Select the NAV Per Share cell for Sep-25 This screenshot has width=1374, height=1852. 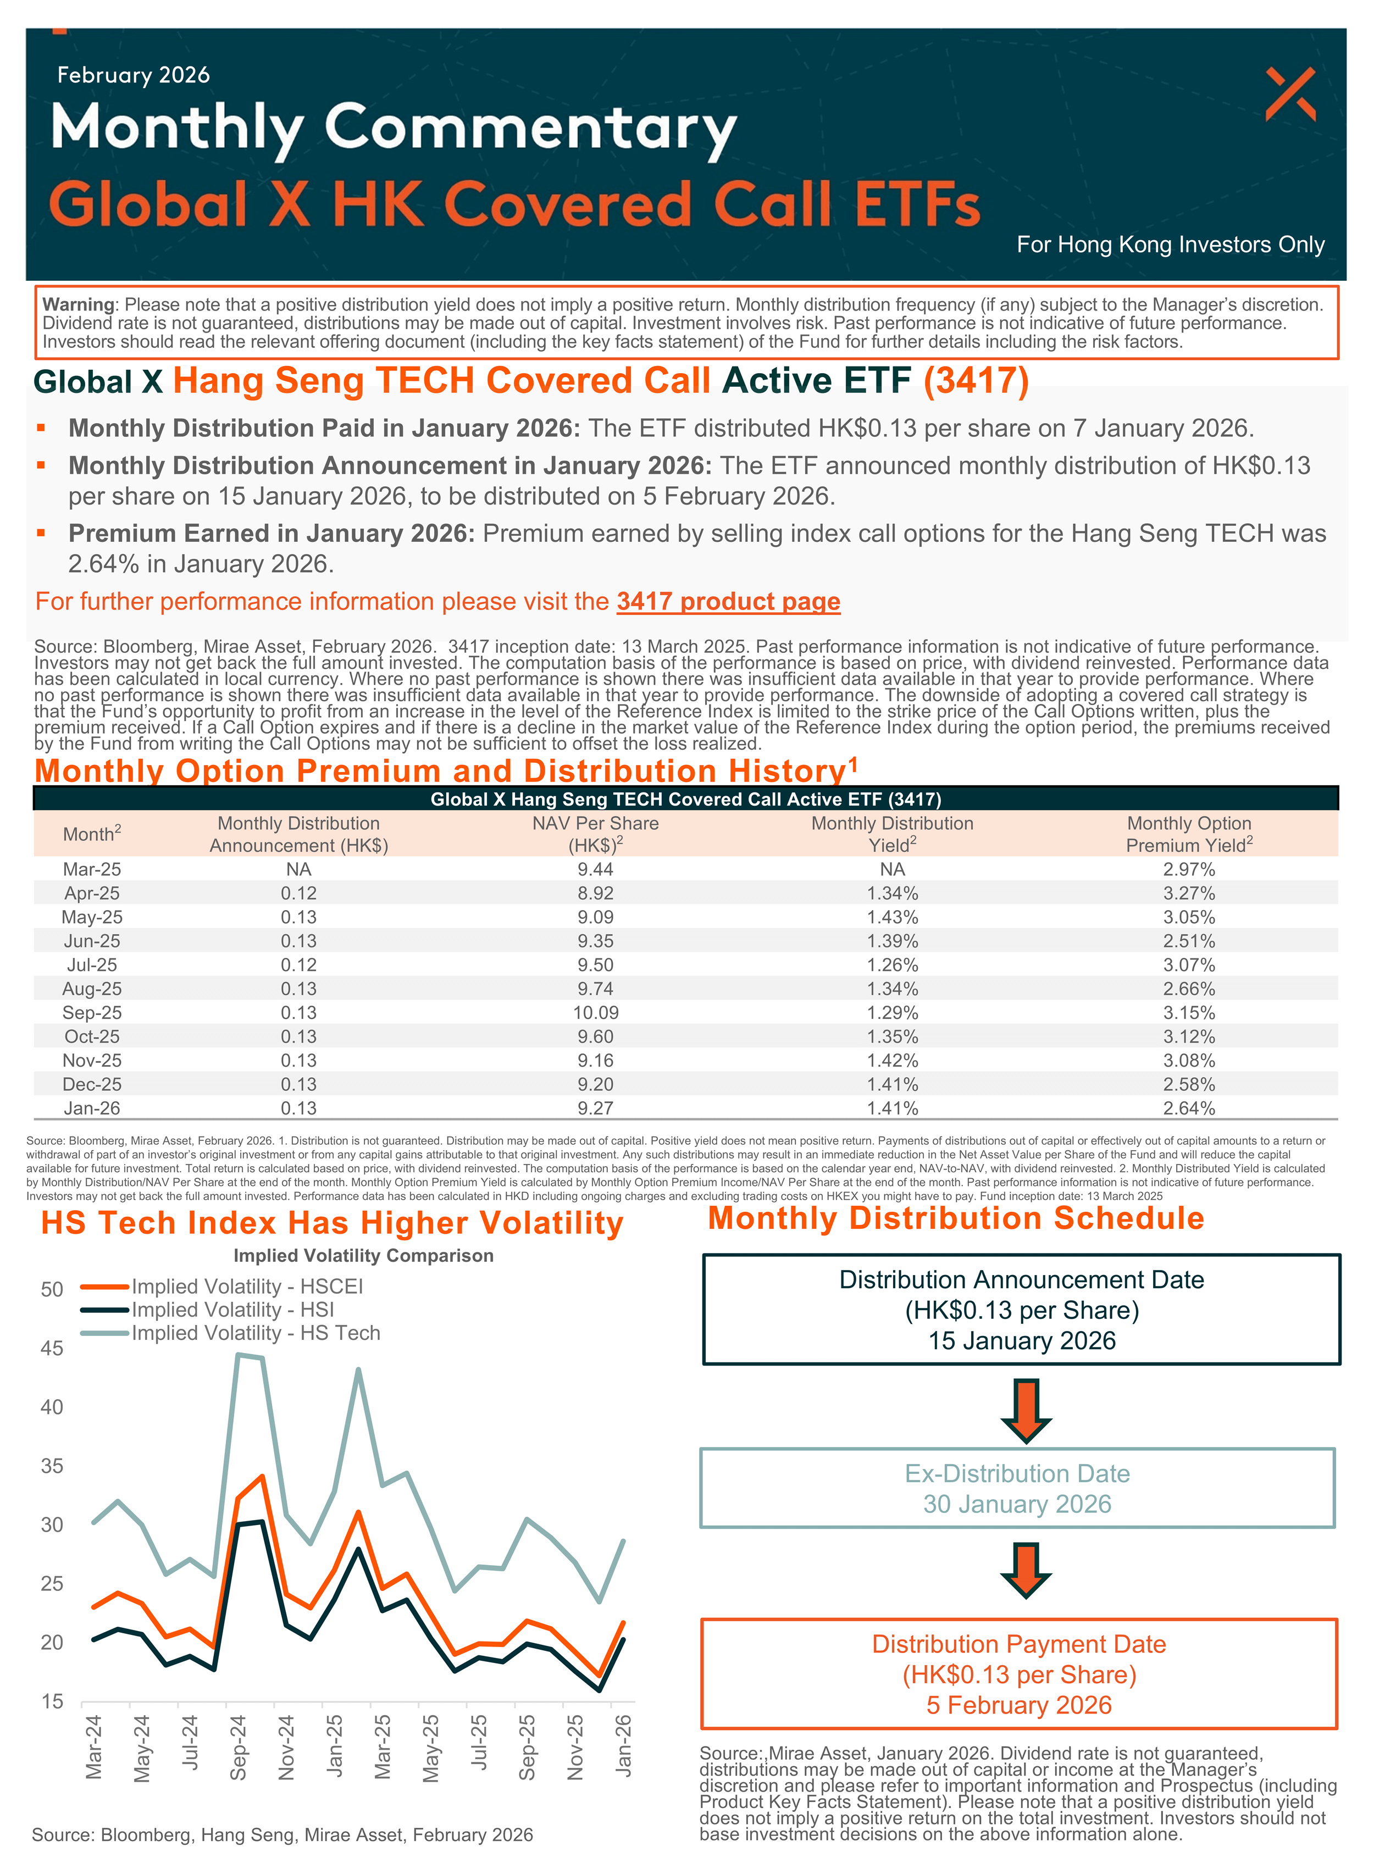point(596,1013)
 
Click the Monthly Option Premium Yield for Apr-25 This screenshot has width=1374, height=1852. point(1189,893)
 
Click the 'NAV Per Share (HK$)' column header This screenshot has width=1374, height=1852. point(596,834)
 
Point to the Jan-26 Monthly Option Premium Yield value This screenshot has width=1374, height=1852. point(1189,1108)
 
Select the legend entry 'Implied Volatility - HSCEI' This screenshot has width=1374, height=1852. point(247,1287)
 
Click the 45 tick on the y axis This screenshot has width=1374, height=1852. point(52,1348)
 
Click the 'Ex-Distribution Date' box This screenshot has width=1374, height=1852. point(1017,1489)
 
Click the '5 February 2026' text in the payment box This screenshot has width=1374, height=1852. point(1019,1705)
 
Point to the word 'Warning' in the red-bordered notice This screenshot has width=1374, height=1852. point(78,304)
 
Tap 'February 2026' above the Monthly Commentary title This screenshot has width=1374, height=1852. point(133,75)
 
